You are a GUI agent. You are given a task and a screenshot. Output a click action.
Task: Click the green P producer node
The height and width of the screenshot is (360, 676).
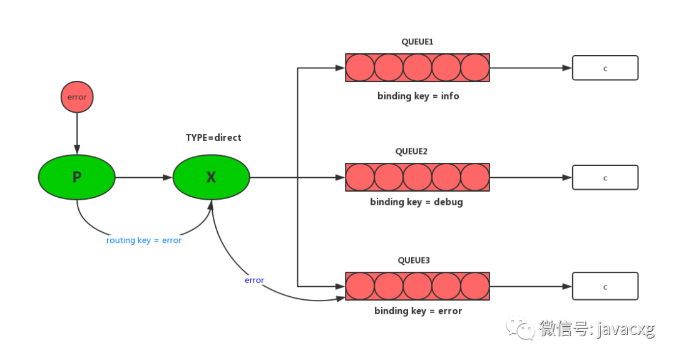pos(76,177)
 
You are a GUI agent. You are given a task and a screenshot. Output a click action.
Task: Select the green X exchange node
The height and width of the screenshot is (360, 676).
pos(211,177)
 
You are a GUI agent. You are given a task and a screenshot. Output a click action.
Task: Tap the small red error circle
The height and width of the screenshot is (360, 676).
pos(77,98)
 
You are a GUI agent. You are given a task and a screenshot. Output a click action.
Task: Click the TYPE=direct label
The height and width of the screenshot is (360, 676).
pos(213,137)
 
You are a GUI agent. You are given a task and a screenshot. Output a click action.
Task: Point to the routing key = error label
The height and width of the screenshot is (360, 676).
pos(144,240)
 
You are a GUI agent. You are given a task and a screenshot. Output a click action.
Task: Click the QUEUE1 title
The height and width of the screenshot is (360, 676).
pos(417,42)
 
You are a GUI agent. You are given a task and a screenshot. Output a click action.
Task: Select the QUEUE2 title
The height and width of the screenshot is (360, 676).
pos(411,152)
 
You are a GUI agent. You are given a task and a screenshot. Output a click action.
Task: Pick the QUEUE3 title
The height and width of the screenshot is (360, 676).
pos(414,260)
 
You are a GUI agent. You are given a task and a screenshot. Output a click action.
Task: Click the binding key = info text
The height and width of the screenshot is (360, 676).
pos(418,96)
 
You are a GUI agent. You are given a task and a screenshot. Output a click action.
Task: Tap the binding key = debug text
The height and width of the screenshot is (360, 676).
pos(416,202)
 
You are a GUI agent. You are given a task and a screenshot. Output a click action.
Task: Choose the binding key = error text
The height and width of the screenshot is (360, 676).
pos(418,311)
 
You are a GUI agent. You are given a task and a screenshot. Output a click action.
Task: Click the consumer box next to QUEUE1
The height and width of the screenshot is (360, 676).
pos(605,68)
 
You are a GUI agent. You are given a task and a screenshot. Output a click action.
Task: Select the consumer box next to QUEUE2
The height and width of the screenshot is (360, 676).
pos(605,178)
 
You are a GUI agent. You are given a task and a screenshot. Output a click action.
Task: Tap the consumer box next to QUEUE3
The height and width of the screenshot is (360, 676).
pos(605,287)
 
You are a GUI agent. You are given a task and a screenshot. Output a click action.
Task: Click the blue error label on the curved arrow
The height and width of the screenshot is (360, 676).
pos(254,280)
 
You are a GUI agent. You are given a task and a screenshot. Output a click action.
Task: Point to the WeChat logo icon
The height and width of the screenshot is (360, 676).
pos(520,326)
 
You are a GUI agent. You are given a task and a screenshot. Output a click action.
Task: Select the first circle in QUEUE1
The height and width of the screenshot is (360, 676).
pos(360,68)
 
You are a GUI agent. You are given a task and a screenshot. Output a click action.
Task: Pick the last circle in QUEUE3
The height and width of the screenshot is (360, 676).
pos(474,286)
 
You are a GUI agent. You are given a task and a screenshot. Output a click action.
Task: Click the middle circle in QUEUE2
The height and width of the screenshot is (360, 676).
pos(417,177)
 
